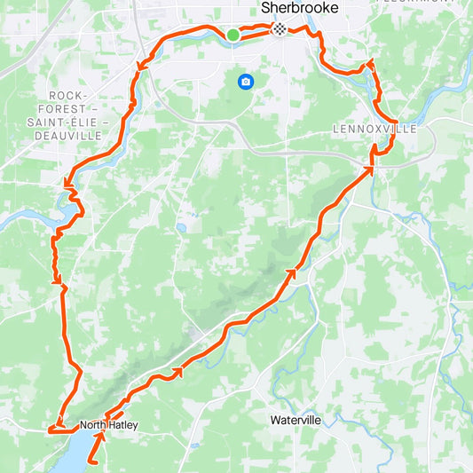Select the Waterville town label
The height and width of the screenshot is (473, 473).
(x=295, y=418)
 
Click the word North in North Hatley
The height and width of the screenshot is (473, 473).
(x=93, y=425)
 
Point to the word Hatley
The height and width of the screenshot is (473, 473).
(x=123, y=425)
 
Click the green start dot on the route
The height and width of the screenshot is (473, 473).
(x=233, y=35)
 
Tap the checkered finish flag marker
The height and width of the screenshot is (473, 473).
(x=279, y=29)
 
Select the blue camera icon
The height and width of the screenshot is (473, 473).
(x=245, y=83)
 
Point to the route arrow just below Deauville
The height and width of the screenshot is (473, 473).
(x=67, y=184)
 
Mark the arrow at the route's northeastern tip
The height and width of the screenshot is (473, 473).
(x=370, y=62)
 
